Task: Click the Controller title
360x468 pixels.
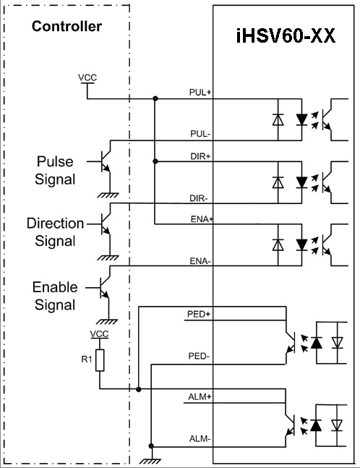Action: (x=67, y=26)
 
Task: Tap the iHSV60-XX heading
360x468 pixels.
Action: (x=286, y=36)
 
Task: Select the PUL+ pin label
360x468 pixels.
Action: (x=200, y=93)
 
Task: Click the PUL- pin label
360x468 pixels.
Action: (x=200, y=134)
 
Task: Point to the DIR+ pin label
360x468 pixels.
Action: (x=200, y=156)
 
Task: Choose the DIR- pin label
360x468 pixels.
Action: (x=199, y=198)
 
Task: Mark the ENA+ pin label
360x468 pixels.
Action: (x=202, y=219)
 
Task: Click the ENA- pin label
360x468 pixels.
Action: (x=200, y=261)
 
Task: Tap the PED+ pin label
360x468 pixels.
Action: (x=199, y=314)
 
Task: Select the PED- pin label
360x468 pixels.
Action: (x=199, y=356)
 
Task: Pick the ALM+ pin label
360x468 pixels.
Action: (x=200, y=397)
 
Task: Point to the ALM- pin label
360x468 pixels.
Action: (x=200, y=439)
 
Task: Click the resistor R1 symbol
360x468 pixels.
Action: (x=100, y=360)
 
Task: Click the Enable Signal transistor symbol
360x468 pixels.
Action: (x=104, y=288)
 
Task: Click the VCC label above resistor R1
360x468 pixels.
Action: (x=99, y=334)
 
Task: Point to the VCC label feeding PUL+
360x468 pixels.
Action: (x=87, y=77)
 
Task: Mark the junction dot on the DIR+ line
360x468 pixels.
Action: (x=155, y=161)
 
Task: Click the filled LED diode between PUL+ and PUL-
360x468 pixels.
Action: (x=301, y=119)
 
